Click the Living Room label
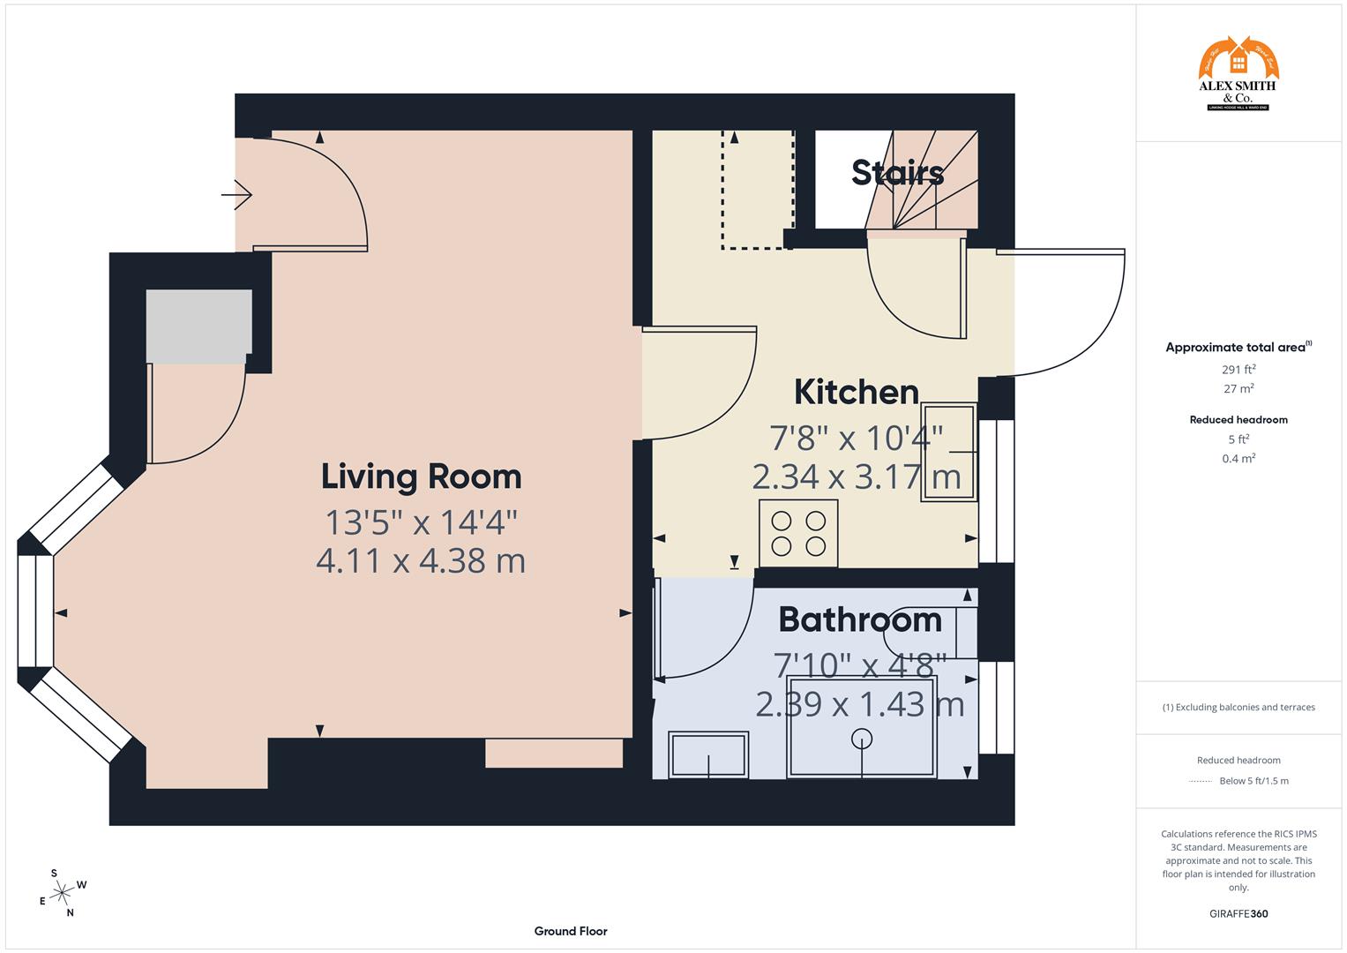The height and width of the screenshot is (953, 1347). coord(421,476)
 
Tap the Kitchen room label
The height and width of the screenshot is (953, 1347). coord(856,392)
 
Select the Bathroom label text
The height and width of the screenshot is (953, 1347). coord(860,619)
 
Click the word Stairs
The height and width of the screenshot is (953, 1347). coord(897,173)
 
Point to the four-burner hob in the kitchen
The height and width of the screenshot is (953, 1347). coord(798,534)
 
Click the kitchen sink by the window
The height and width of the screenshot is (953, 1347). coord(949,453)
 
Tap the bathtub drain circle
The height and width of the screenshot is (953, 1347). coord(862,739)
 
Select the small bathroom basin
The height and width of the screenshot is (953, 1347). coord(708,755)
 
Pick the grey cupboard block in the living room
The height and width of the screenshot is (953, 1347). coord(198,326)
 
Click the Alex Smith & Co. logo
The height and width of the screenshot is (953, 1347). coord(1238,74)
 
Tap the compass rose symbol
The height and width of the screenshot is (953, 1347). coord(62,893)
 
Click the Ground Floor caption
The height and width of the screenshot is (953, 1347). coord(571,931)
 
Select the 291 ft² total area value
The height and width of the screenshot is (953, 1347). coord(1238,370)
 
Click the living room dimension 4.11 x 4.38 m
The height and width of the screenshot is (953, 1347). coord(421,560)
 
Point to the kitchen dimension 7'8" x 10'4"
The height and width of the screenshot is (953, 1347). coord(856,437)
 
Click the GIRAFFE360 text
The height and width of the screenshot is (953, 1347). coord(1238,913)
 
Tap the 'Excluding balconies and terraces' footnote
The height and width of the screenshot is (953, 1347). coord(1238,707)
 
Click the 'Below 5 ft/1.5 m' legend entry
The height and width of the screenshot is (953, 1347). coord(1253,781)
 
